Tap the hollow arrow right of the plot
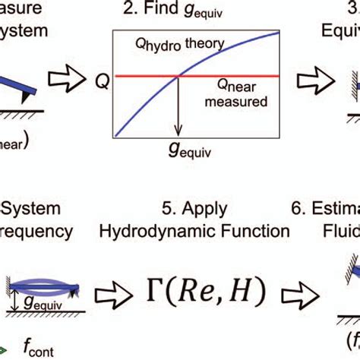(x=311, y=77)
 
